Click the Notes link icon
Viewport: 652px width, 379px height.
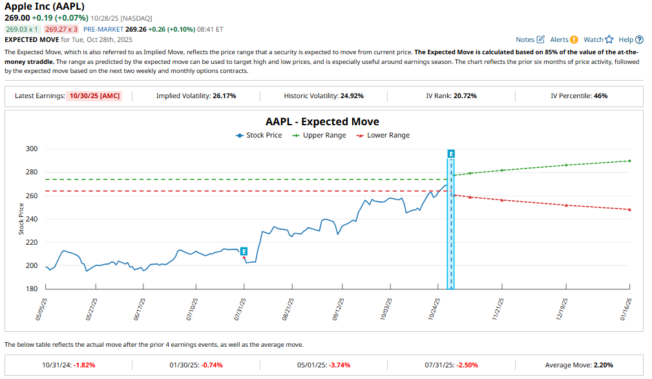541,39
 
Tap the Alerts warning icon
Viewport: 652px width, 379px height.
574,39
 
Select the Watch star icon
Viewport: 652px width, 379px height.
609,39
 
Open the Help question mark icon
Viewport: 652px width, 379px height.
639,39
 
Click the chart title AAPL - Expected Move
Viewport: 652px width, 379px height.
322,121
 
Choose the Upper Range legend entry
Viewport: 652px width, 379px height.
319,136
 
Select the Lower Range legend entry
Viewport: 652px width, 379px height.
383,136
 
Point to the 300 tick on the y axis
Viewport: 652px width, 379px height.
32,149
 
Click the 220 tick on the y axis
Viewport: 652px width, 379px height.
32,242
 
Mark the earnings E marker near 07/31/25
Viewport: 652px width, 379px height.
244,251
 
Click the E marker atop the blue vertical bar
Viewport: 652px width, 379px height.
450,154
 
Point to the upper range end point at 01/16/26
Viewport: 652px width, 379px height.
629,161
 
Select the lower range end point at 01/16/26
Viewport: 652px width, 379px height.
629,209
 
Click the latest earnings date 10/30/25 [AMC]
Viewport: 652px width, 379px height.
99,96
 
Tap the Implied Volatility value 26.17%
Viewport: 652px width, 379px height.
224,96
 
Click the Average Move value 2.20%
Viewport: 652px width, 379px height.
602,365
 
